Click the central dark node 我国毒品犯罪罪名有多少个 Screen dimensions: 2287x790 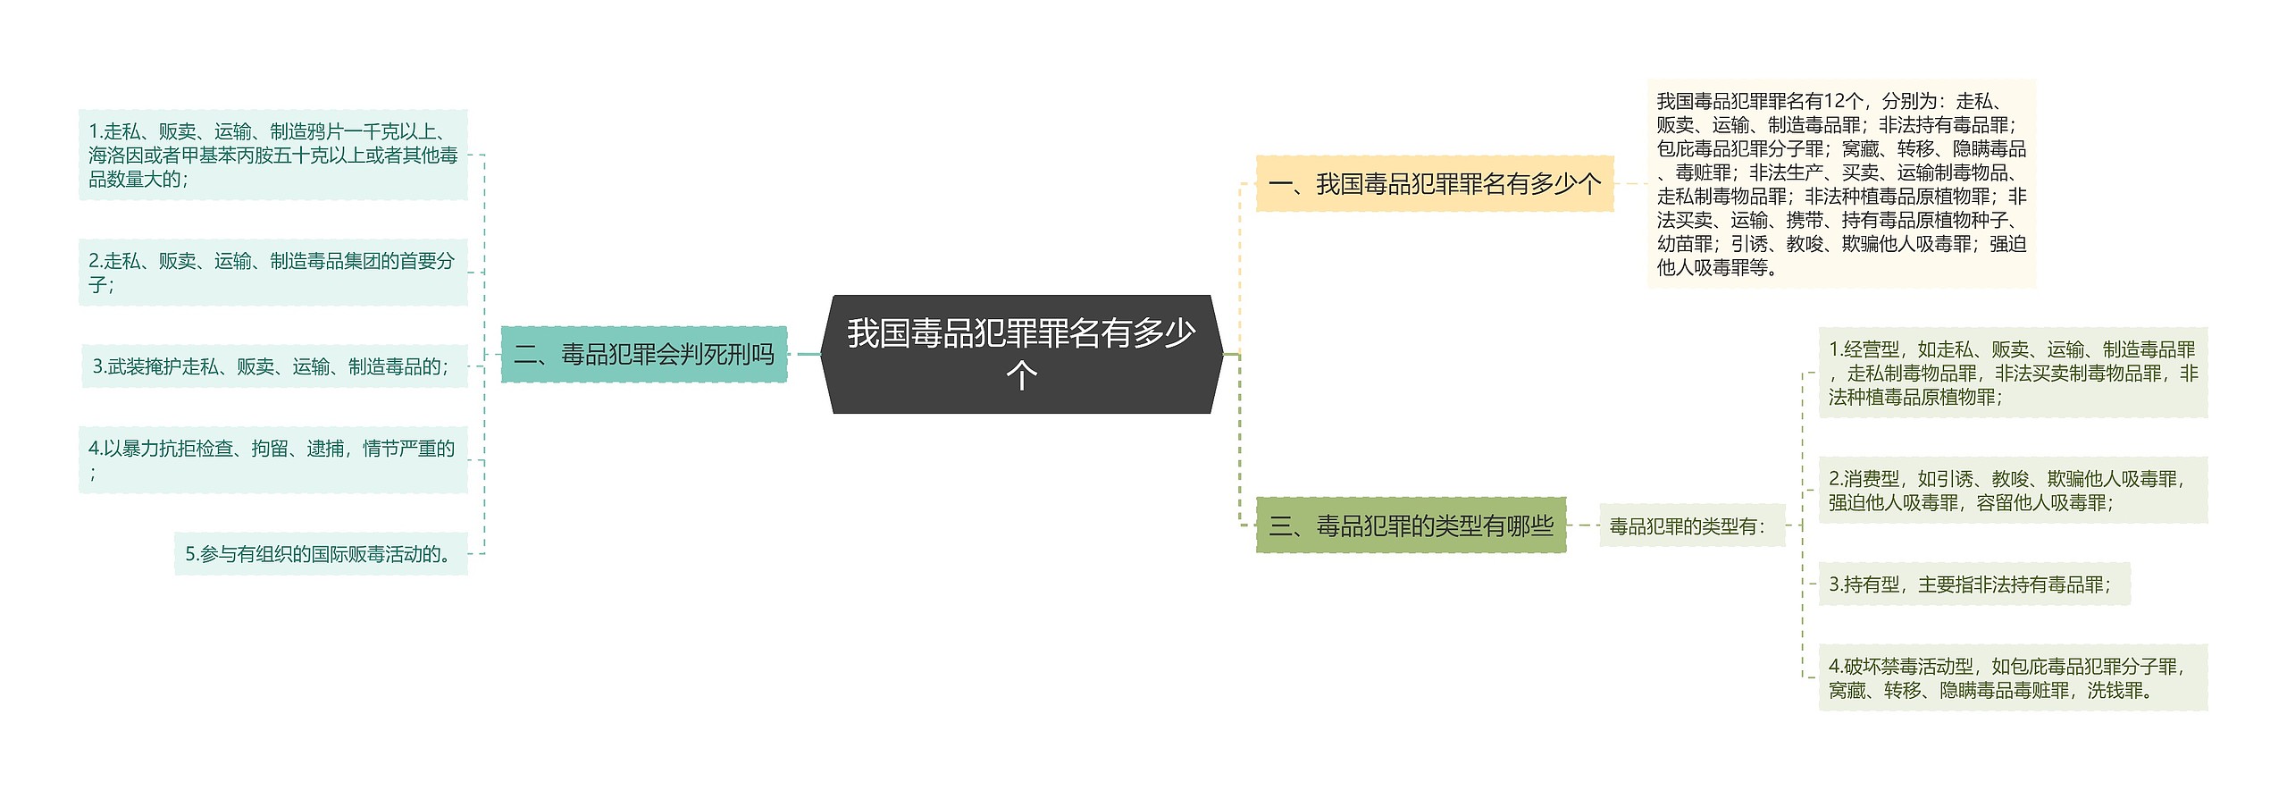[1021, 354]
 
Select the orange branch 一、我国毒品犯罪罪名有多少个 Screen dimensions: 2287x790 [1434, 184]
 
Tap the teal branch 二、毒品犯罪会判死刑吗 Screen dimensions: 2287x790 [643, 355]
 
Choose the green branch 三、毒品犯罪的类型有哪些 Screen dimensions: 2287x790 [1411, 525]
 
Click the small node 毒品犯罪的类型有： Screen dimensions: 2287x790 [1688, 526]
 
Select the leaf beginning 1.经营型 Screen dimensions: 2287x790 [2012, 373]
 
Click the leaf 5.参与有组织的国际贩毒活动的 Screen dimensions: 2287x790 [321, 554]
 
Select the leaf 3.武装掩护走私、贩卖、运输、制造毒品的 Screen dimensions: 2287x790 [272, 366]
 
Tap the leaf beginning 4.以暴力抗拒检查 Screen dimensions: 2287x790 [272, 459]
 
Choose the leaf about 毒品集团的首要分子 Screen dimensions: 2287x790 [272, 273]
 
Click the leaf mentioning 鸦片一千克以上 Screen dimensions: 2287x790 [272, 155]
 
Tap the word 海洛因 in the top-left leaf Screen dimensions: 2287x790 [116, 155]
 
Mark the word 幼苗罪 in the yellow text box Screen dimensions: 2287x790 [1685, 244]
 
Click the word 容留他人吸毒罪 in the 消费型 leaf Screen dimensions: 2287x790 [2043, 503]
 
